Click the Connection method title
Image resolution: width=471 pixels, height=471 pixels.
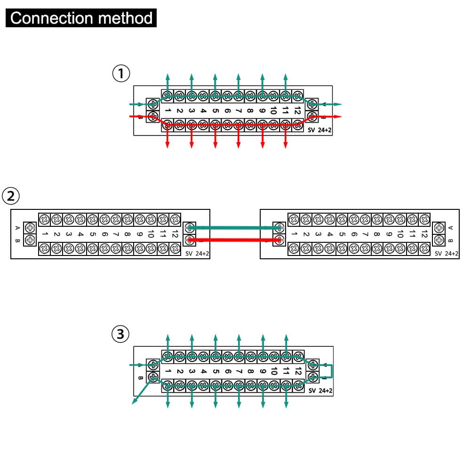(81, 18)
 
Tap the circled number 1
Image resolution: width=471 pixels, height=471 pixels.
(121, 73)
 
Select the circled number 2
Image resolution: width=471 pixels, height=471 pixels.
(11, 196)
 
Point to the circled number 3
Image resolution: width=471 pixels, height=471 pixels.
(121, 334)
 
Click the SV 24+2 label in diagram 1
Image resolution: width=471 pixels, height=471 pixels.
(320, 130)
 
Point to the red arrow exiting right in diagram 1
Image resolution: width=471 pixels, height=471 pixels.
(332, 116)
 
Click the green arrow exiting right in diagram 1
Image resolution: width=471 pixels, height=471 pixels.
(332, 104)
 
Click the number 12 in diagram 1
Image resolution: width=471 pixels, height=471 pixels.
(297, 111)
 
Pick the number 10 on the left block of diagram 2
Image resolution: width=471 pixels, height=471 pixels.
(151, 234)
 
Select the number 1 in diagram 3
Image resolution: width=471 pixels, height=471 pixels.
(168, 371)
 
